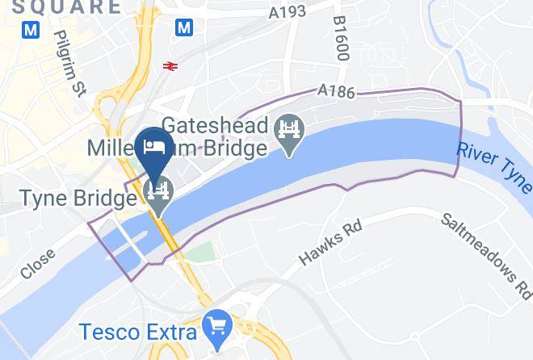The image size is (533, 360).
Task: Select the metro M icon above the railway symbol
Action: [x=185, y=27]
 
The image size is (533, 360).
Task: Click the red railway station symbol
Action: [x=170, y=66]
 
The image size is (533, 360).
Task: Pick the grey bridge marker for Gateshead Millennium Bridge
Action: [x=287, y=132]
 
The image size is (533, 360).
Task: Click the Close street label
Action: [x=38, y=263]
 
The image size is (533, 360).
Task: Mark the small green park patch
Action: [x=205, y=252]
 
